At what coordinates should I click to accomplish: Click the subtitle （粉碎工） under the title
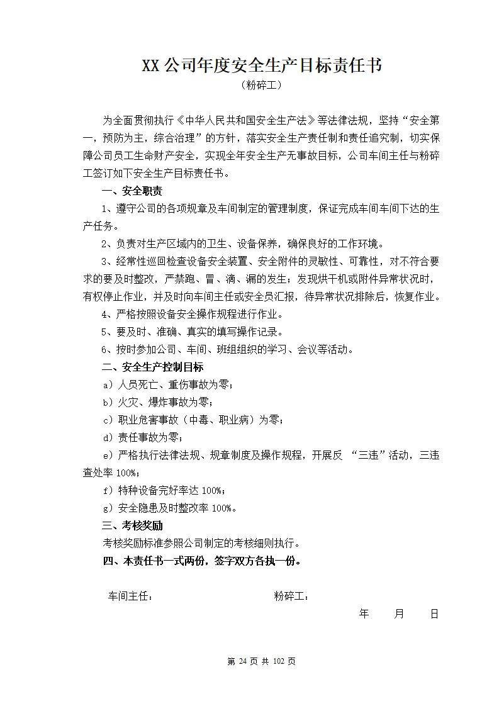point(261,86)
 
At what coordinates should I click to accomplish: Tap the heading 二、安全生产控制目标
point(152,367)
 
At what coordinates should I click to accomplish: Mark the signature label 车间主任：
point(130,596)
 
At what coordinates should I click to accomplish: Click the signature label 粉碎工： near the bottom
point(291,596)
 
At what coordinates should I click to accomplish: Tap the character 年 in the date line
point(364,614)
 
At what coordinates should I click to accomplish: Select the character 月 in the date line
point(399,614)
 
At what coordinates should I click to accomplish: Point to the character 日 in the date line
point(434,614)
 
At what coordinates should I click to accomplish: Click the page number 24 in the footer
point(241,661)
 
